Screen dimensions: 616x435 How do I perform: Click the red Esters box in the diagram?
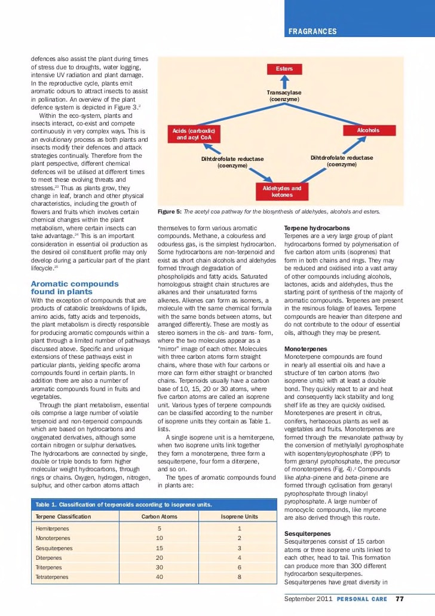tap(284, 69)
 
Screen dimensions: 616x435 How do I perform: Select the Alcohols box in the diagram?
tap(368, 130)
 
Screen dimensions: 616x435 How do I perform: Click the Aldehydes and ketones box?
tap(282, 191)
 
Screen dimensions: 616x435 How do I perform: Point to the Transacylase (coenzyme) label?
tap(284, 96)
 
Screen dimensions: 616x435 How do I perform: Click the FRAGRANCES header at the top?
tap(313, 31)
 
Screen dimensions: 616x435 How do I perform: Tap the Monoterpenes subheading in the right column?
tap(305, 349)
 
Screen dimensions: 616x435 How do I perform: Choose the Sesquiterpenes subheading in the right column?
tap(308, 533)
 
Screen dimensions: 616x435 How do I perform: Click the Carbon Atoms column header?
tap(159, 516)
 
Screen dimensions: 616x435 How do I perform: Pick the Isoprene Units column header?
tap(239, 516)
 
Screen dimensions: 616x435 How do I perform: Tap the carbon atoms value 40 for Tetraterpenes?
tap(159, 577)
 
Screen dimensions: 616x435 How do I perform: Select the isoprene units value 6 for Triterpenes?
tap(239, 568)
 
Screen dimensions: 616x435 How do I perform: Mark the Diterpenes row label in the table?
tap(51, 557)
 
